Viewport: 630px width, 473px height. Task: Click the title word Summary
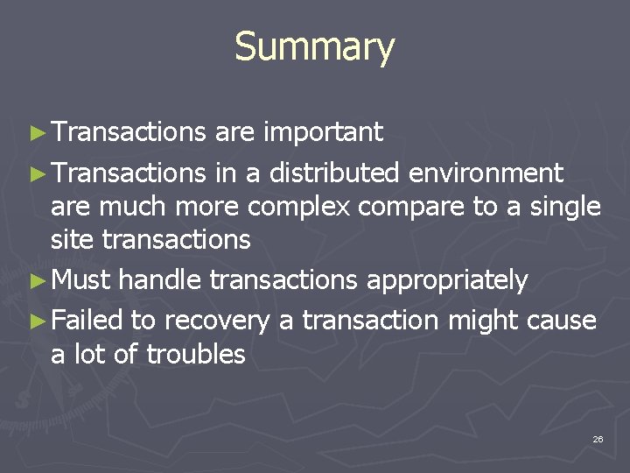(314, 47)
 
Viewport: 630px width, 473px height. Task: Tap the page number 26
(598, 438)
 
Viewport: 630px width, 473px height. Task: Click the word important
(323, 132)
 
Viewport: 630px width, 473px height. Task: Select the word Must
(80, 280)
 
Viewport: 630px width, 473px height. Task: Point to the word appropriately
(446, 281)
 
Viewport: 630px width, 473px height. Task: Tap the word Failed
(87, 321)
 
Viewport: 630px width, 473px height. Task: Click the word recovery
(218, 321)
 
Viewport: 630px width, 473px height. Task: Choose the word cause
(561, 321)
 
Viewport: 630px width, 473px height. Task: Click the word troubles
(196, 355)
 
